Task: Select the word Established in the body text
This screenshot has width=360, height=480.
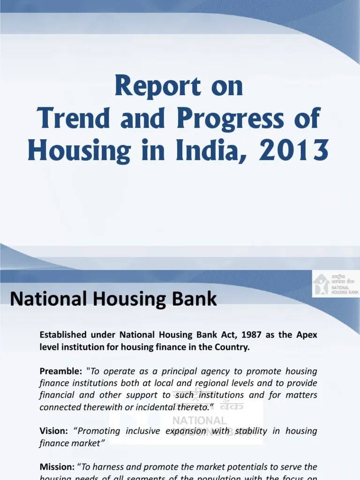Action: (63, 335)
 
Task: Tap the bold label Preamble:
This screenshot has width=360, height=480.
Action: (60, 371)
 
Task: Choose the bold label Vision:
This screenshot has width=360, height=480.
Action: (54, 431)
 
